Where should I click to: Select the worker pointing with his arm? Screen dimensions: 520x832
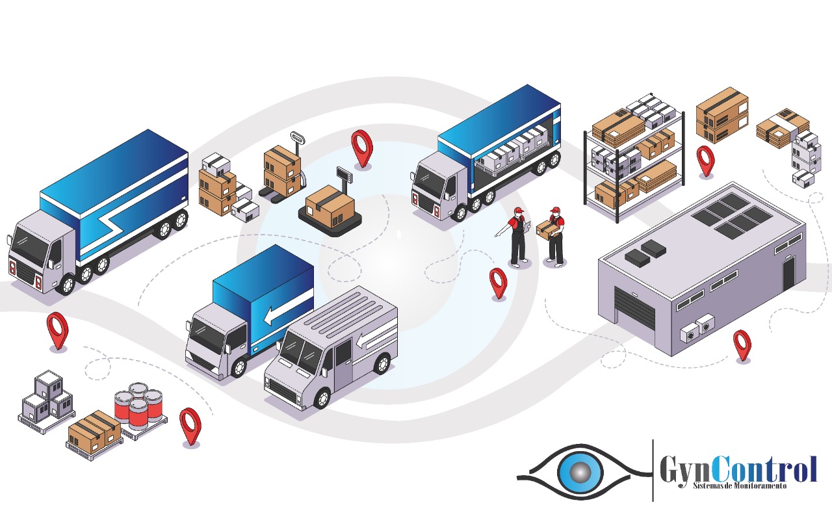(x=517, y=237)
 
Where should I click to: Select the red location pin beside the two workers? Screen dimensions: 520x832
(x=498, y=282)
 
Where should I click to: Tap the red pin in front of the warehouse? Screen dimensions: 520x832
(x=742, y=344)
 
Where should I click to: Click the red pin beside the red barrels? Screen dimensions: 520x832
(x=190, y=426)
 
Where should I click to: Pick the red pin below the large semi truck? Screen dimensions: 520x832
(x=57, y=329)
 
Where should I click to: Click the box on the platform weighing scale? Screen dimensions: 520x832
(x=330, y=204)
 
